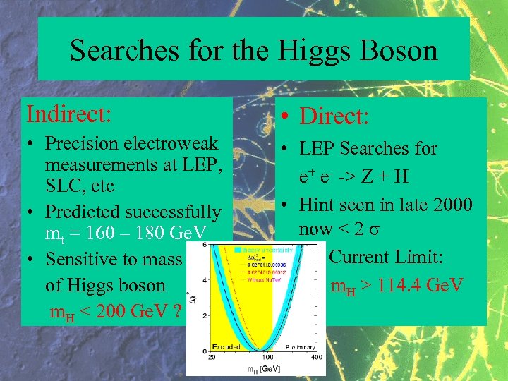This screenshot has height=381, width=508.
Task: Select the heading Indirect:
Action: [68, 113]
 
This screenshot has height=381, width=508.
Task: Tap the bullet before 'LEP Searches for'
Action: [281, 149]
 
